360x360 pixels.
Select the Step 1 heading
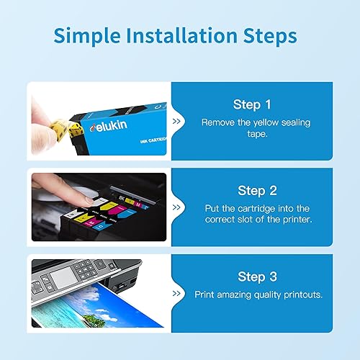[252, 104]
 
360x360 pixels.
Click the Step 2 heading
[258, 191]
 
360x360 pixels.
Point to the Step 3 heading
[258, 277]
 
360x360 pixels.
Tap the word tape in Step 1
[258, 135]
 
